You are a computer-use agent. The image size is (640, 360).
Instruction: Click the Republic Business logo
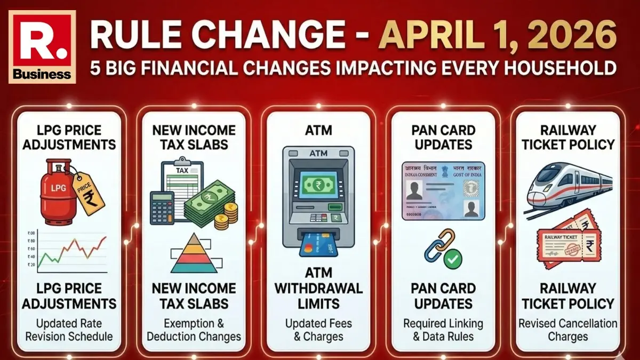click(x=42, y=46)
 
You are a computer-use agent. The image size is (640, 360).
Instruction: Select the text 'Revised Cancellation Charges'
click(x=567, y=330)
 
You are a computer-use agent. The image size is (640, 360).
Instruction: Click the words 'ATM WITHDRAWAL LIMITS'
click(x=318, y=289)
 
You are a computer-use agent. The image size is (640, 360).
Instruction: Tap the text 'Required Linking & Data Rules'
click(x=443, y=330)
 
